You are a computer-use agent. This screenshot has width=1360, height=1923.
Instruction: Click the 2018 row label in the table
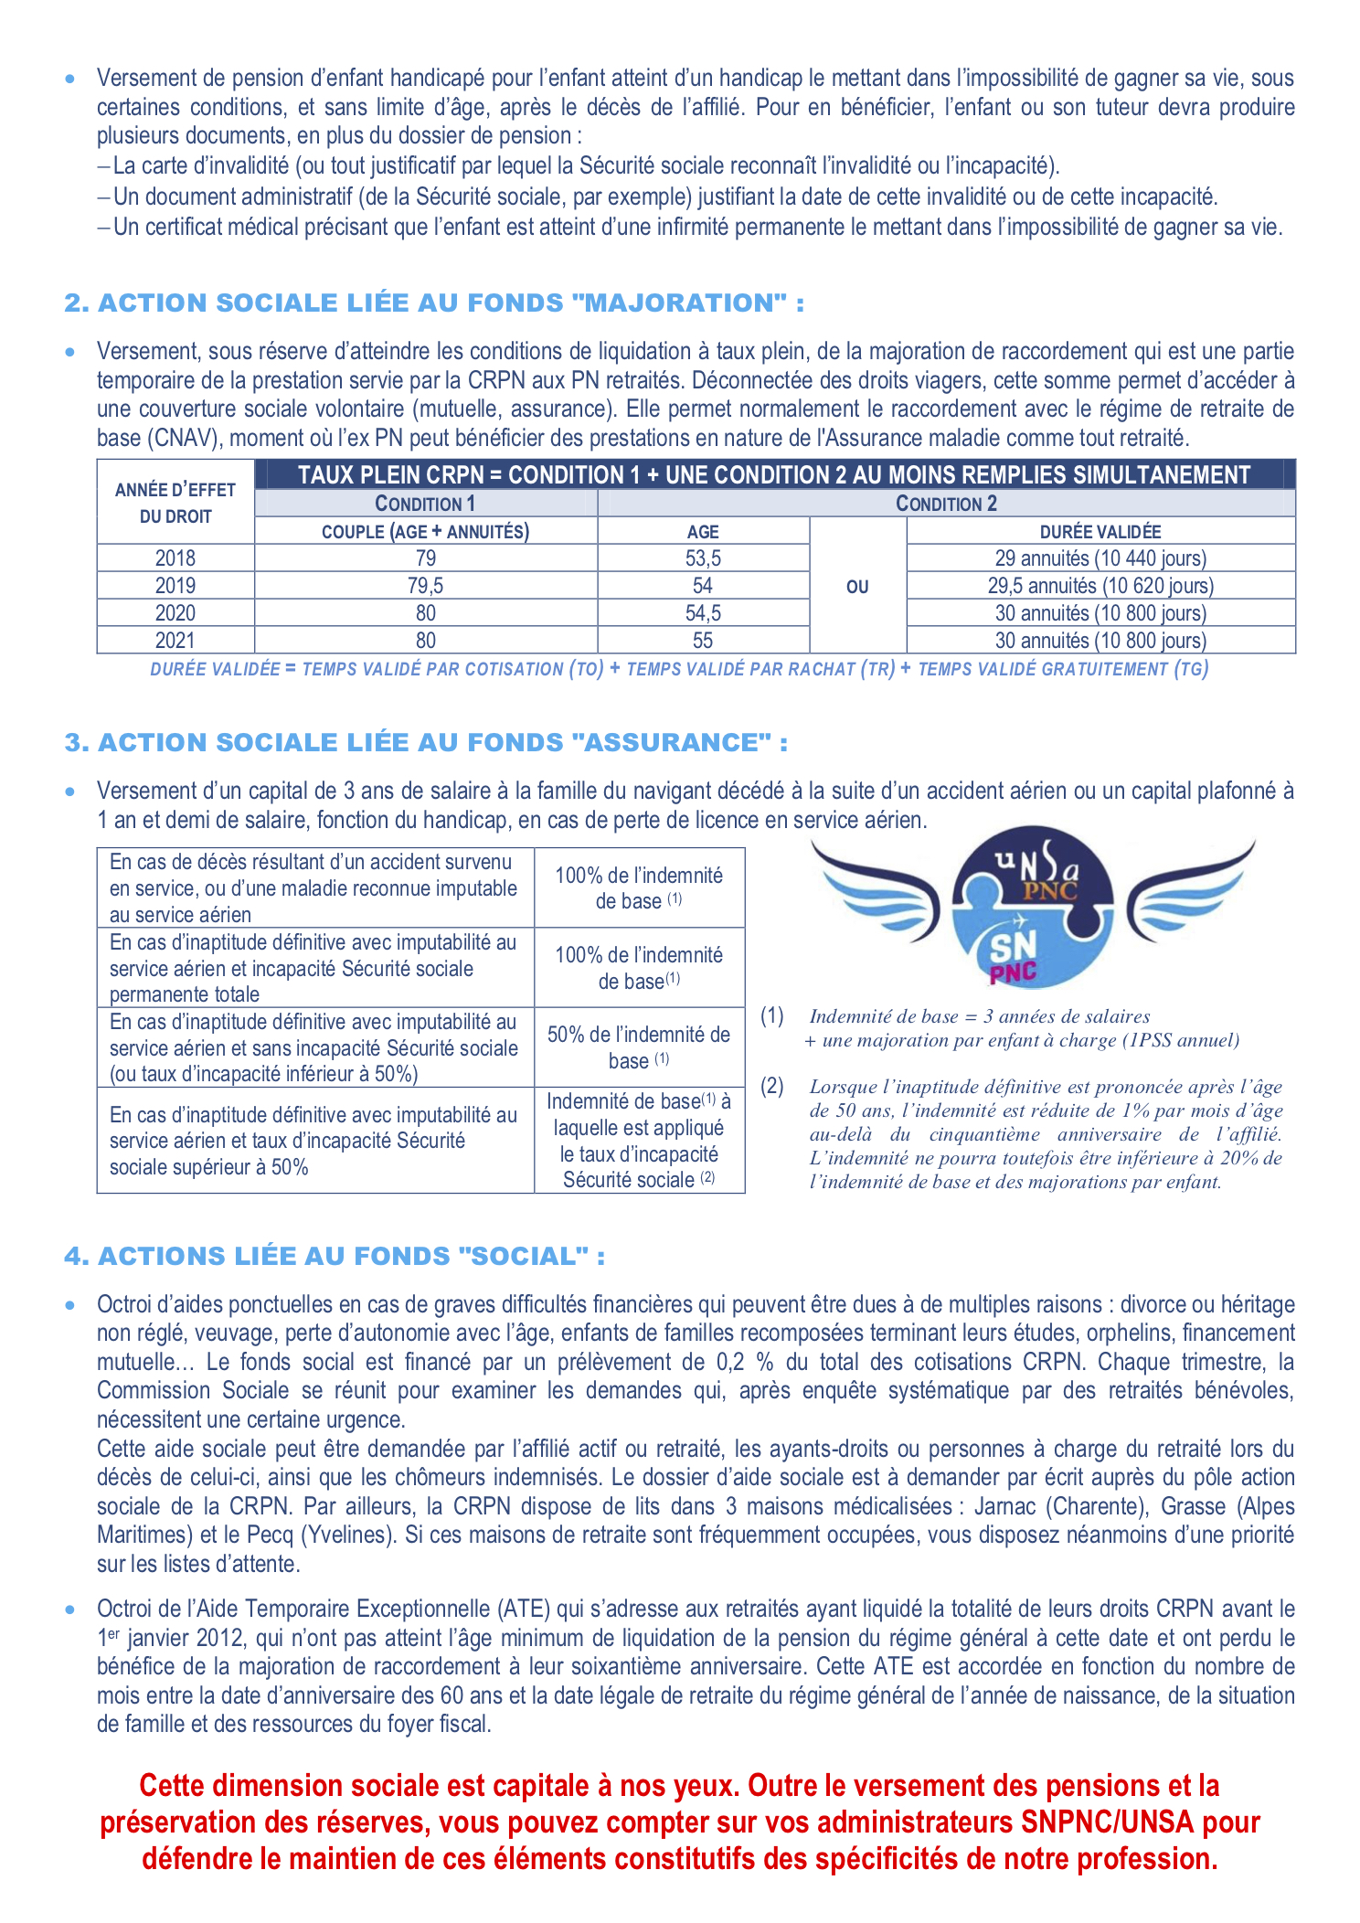tap(175, 558)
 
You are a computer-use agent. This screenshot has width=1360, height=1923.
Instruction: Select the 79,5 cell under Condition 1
tap(425, 586)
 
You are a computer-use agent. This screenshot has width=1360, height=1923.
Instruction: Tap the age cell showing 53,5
tap(702, 558)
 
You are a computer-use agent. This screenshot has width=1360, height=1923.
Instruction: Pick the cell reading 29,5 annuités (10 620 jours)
tap(1100, 586)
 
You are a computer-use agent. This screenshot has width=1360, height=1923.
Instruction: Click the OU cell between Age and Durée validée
tap(857, 587)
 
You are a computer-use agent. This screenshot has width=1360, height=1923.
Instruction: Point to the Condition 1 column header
tap(425, 504)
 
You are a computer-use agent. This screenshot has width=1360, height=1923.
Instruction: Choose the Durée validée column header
tap(1100, 531)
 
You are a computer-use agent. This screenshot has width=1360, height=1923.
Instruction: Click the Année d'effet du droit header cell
tap(175, 503)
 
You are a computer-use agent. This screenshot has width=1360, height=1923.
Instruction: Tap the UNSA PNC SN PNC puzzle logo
tap(1033, 907)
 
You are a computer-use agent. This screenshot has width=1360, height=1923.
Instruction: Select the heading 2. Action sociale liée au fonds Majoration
tap(434, 303)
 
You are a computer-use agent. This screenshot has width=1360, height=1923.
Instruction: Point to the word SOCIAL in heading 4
tap(525, 1257)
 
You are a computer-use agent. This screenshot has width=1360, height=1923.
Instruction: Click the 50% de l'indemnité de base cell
tap(638, 1047)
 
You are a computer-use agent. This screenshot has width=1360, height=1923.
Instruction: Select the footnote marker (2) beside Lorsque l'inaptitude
tap(772, 1086)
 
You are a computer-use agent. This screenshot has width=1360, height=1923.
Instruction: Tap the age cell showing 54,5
tap(702, 613)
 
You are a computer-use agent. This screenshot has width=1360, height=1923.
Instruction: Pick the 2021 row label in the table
tap(175, 641)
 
